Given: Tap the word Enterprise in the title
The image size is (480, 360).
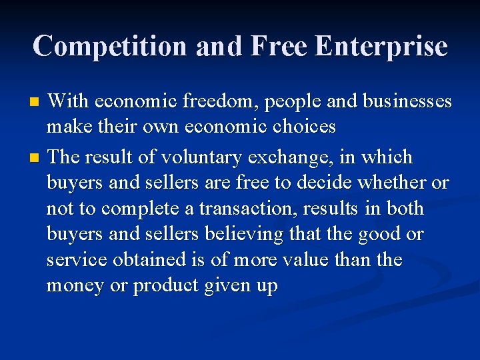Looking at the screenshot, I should pos(381,47).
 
